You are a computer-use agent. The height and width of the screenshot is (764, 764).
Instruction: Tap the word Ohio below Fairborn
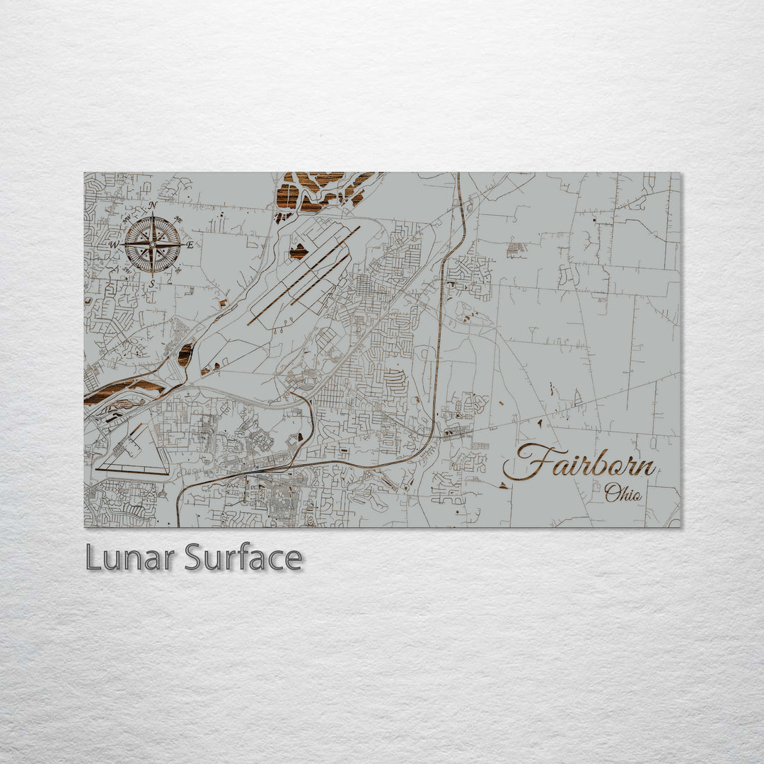tap(623, 493)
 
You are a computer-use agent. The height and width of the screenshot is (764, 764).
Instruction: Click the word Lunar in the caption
tap(130, 558)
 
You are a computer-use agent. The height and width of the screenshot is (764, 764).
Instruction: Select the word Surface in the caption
tap(243, 558)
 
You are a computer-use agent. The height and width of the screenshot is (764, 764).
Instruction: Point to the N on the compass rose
tap(153, 206)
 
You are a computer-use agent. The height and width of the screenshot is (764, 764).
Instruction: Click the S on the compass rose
tap(152, 284)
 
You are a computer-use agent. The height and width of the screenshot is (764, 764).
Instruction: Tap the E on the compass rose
tap(190, 245)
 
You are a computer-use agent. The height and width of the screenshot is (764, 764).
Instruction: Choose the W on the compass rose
tap(113, 245)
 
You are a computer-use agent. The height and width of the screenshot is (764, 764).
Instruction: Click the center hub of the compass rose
tap(152, 245)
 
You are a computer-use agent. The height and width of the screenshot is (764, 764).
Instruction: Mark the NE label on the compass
tap(178, 220)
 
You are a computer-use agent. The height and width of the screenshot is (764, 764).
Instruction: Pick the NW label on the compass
tap(127, 220)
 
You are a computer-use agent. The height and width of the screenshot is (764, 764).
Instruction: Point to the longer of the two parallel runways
tap(303, 276)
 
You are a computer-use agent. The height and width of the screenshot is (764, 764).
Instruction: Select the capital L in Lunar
tap(92, 558)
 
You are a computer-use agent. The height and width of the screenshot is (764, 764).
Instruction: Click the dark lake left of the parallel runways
tap(299, 251)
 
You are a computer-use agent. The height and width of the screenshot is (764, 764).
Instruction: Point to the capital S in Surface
tap(195, 558)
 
